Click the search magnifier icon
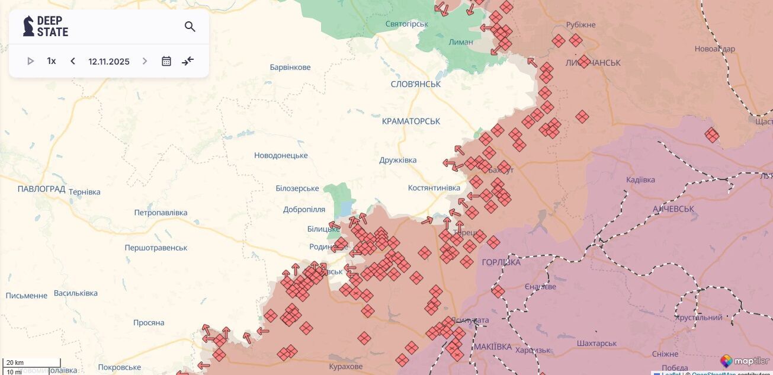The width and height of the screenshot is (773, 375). (190, 27)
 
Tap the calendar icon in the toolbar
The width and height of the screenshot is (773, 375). (166, 61)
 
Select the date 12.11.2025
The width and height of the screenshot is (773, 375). (109, 62)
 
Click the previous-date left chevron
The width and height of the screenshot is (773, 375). (73, 61)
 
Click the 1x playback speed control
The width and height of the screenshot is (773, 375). (52, 61)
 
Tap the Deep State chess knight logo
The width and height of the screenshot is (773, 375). (28, 26)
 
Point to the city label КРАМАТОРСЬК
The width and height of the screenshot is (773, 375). (411, 121)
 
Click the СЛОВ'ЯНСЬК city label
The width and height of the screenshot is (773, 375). (416, 84)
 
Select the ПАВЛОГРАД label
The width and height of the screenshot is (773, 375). (41, 189)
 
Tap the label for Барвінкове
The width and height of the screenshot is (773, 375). (290, 68)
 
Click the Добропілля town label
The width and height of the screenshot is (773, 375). (304, 210)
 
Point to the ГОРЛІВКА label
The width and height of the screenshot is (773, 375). (501, 262)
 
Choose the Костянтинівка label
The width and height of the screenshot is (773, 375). (434, 188)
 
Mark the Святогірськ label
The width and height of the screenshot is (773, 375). (406, 24)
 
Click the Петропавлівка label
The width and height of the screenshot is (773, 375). (161, 213)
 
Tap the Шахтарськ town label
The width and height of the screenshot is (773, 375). (596, 344)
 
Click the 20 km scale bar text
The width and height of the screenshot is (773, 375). (15, 363)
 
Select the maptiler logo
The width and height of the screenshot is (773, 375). (745, 361)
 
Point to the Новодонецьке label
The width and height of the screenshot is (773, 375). (281, 156)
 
